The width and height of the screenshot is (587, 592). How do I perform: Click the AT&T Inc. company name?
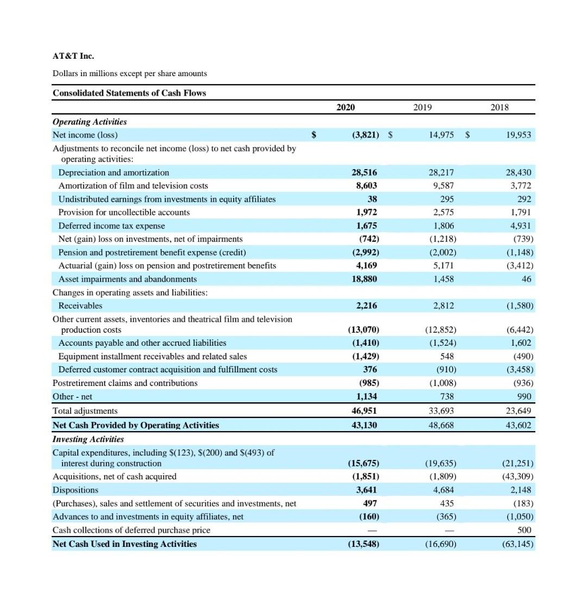(73, 56)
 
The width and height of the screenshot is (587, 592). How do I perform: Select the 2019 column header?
(422, 107)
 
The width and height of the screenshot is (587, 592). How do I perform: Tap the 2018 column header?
(499, 107)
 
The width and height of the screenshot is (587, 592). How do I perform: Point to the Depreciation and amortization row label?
(114, 172)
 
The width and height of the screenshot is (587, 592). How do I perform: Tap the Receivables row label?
(80, 306)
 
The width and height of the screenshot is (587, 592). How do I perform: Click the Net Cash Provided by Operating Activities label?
(135, 425)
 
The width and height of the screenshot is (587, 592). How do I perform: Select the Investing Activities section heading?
(88, 439)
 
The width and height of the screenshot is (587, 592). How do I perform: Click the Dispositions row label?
(76, 490)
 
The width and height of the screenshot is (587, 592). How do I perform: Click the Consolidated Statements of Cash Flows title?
(129, 93)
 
